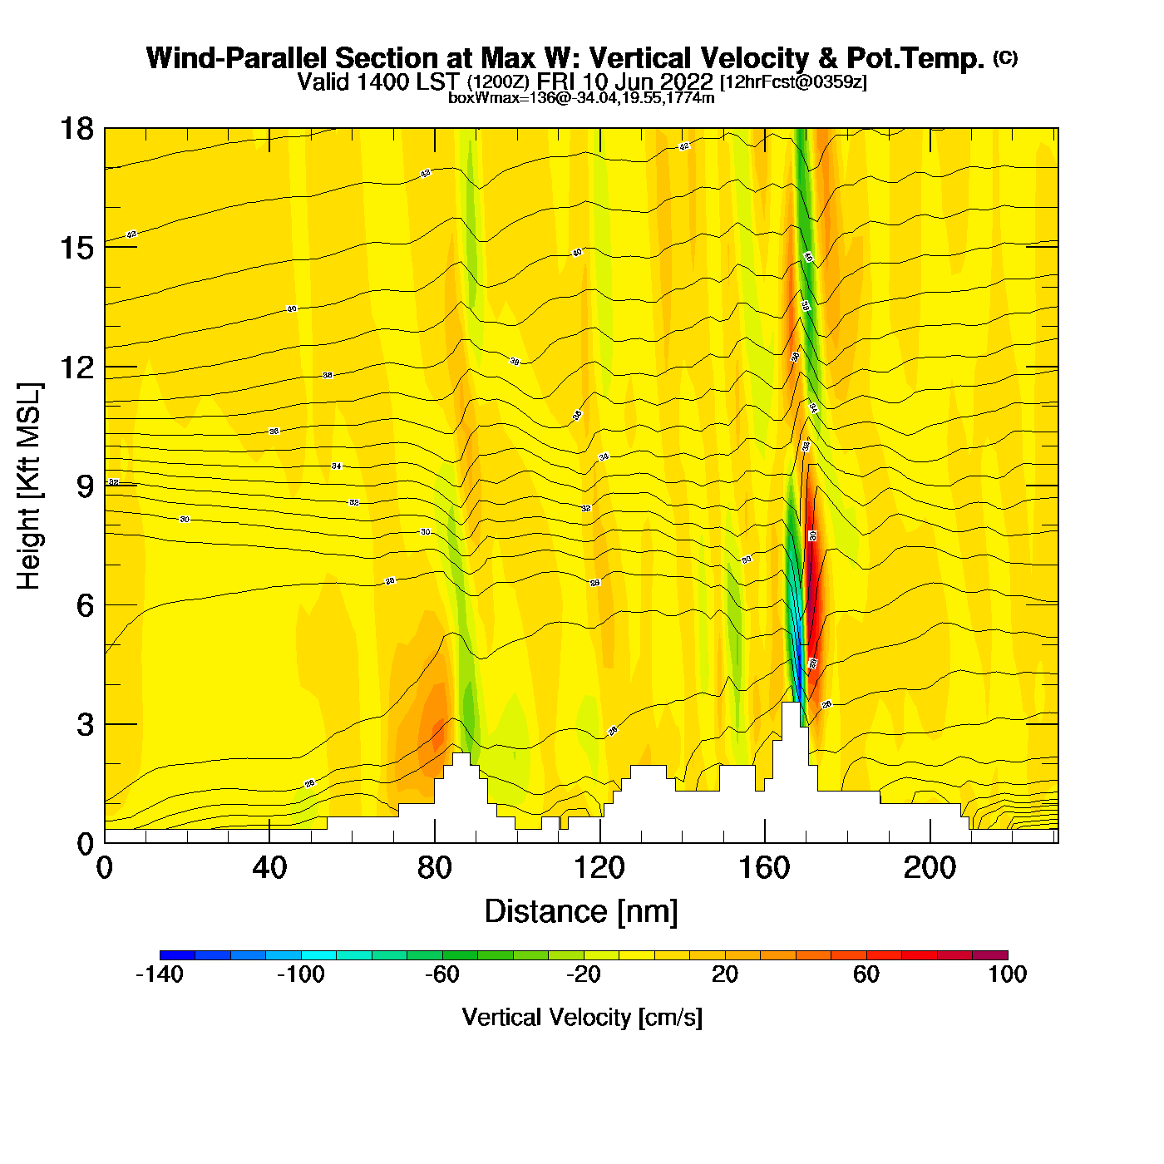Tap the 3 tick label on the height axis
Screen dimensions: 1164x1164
coord(85,725)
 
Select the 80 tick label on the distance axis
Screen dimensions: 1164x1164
coord(434,868)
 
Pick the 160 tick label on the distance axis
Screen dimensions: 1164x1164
coord(764,868)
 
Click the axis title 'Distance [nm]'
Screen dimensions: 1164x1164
coord(581,911)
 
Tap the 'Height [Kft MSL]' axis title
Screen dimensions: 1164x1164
coord(29,486)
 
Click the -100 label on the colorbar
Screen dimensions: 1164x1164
coord(300,974)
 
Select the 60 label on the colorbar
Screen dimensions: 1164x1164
coord(866,974)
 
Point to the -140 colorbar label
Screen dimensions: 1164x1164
coord(159,974)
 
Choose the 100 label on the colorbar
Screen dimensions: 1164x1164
coord(1007,974)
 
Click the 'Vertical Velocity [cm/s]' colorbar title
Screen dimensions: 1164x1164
coord(582,1017)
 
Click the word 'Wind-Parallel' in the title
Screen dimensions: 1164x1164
coord(238,58)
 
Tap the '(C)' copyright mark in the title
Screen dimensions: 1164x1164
coord(1005,57)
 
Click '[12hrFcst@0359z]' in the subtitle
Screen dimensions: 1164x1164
coord(793,81)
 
